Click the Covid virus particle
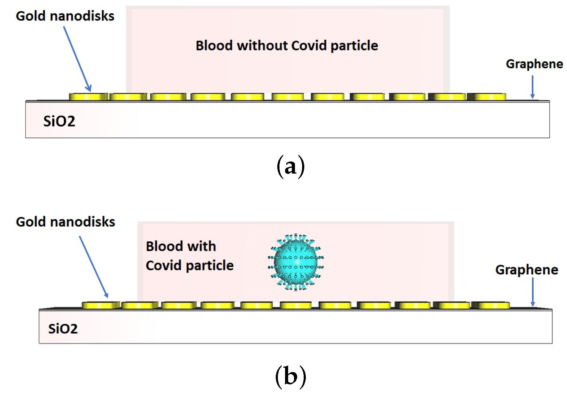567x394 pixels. point(296,262)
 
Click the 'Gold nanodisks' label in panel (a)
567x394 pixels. point(65,16)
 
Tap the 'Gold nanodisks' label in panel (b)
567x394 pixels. point(65,222)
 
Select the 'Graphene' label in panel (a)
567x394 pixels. point(534,64)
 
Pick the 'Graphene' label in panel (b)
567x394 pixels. point(526,270)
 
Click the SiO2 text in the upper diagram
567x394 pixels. point(59,121)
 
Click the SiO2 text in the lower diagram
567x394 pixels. point(63,329)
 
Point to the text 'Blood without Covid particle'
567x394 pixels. point(287,46)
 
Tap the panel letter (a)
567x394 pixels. point(290,167)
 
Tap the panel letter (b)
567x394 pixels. point(290,376)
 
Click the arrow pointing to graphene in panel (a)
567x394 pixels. point(532,87)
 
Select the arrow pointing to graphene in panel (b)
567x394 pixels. point(533,291)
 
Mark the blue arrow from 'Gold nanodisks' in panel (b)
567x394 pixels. point(93,267)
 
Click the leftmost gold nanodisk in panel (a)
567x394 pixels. point(88,97)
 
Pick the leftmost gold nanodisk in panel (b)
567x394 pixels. point(100,305)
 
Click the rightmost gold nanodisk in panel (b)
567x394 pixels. point(491,305)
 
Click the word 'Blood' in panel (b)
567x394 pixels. point(164,246)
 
